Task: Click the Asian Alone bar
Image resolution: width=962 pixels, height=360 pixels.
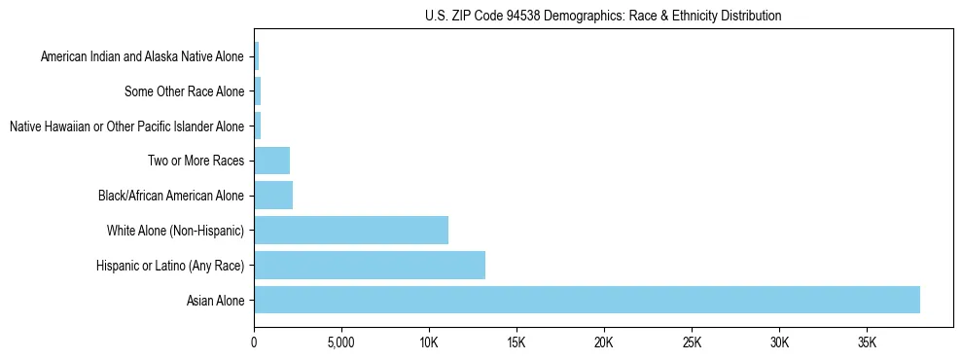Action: coord(587,300)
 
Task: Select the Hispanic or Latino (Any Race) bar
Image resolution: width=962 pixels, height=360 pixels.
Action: coord(370,265)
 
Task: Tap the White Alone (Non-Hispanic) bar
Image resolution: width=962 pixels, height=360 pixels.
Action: coord(351,230)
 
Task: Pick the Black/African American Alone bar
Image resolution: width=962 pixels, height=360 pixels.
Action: coord(273,195)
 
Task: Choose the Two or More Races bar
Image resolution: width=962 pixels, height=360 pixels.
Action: coord(272,160)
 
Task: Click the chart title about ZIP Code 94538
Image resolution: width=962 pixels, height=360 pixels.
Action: coord(603,16)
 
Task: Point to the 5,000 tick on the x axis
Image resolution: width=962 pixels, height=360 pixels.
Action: coord(341,342)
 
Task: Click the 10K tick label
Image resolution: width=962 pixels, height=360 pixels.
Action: coord(429,342)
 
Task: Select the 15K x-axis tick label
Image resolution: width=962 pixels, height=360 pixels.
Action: coord(517,342)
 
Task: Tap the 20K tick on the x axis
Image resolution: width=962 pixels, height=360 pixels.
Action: coord(604,342)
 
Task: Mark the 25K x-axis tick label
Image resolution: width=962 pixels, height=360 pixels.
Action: coord(692,342)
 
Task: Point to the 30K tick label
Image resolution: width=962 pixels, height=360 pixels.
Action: coord(779,342)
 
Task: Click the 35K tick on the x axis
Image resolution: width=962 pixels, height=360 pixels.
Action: coord(867,342)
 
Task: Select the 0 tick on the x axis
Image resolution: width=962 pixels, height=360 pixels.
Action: coord(254,342)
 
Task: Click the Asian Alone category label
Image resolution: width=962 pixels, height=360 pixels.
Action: coord(215,301)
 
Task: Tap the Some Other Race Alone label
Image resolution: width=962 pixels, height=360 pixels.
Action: coord(184,91)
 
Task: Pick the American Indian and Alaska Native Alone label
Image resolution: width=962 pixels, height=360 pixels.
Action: coord(142,56)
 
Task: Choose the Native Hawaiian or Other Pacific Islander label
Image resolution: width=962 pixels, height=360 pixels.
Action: coord(126,126)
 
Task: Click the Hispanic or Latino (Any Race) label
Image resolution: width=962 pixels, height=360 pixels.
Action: coord(170,266)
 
